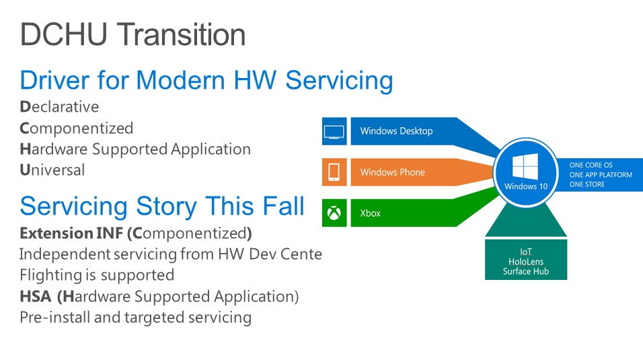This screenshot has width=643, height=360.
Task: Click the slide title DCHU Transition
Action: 133,34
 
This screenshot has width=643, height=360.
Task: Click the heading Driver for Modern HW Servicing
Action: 206,81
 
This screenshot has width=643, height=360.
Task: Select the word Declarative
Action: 59,107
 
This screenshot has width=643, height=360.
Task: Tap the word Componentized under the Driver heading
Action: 77,128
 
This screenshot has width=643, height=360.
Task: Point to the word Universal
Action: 52,170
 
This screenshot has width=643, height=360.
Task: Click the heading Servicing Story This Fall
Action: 162,207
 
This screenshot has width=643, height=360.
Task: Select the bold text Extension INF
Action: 71,233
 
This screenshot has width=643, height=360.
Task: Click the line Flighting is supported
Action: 97,275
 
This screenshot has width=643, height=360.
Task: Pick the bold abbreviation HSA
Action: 36,296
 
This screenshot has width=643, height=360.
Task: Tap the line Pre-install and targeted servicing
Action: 136,318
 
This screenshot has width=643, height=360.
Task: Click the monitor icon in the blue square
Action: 334,132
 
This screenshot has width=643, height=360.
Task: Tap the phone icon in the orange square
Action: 334,172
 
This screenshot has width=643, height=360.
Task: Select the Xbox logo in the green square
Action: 334,213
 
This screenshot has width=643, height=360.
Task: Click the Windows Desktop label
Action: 397,131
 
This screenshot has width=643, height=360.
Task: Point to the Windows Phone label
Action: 392,172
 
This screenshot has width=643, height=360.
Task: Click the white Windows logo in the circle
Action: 525,167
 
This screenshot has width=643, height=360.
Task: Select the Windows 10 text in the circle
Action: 526,186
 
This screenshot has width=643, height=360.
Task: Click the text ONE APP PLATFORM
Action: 601,175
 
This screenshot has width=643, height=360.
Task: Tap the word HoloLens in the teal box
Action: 526,262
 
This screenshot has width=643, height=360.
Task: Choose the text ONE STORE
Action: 587,184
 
